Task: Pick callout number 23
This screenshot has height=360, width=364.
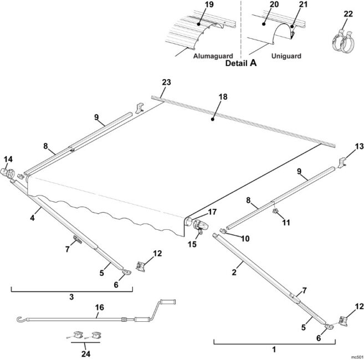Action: coord(166,83)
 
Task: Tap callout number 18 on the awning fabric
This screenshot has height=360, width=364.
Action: coord(223,96)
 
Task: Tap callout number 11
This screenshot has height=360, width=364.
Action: coord(286,222)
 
